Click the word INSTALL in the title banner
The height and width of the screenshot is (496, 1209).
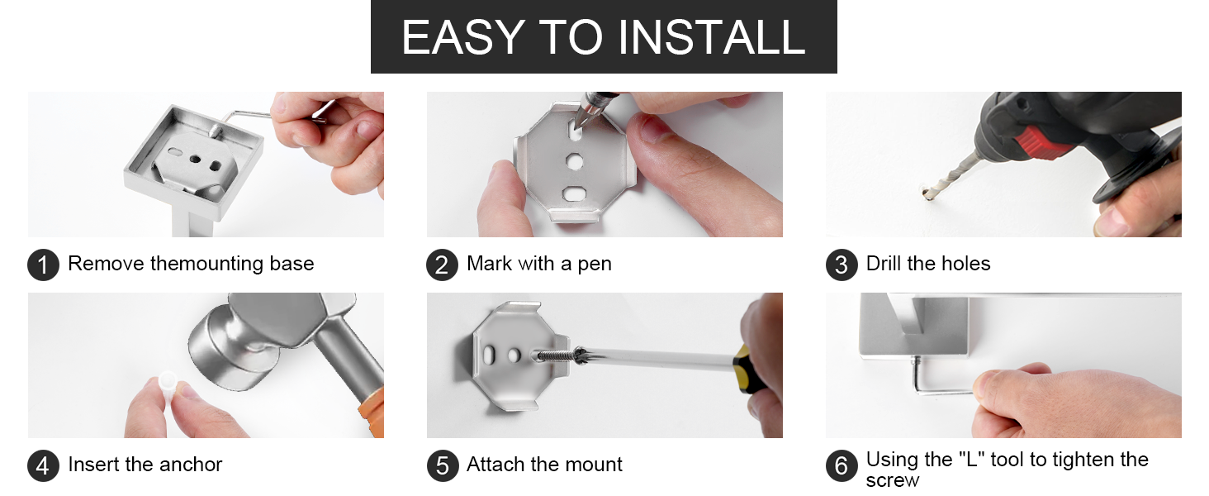click(711, 37)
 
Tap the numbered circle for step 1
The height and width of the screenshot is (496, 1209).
click(43, 265)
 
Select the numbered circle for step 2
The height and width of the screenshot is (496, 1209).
click(442, 265)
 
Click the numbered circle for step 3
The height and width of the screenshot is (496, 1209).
click(842, 265)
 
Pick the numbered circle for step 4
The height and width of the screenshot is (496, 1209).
click(43, 465)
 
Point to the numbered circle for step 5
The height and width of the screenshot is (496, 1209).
click(442, 465)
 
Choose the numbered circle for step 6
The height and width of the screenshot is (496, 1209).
click(842, 465)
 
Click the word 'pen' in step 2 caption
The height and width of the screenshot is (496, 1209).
click(595, 265)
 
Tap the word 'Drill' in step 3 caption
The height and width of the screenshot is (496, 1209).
click(884, 263)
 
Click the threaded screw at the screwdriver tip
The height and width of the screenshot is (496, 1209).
click(556, 355)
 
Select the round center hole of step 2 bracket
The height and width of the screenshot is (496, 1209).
click(574, 161)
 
